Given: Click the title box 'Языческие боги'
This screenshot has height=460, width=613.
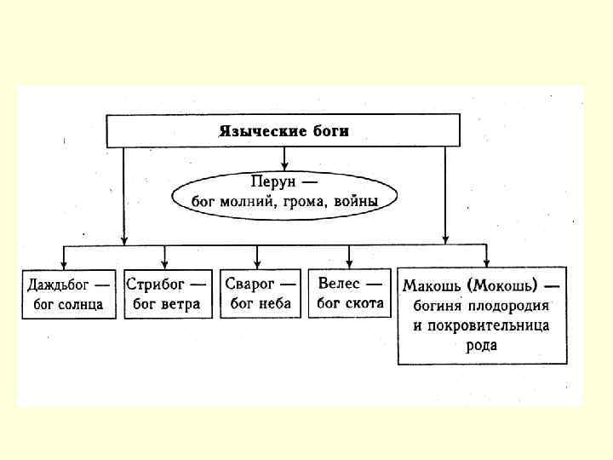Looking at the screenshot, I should coord(284,131).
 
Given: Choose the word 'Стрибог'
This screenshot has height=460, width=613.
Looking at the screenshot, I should coord(155,284).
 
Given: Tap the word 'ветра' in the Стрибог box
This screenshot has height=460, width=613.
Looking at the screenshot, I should coord(180,303).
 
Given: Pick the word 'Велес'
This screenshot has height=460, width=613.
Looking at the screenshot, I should coord(339,283).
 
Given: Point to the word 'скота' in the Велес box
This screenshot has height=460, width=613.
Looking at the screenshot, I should coord(364,302).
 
